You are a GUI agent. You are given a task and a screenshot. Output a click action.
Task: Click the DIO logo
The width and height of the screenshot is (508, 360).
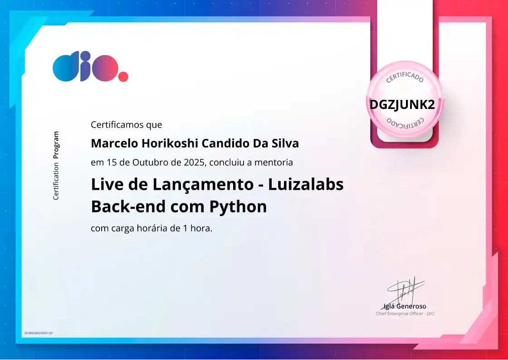[x=90, y=67]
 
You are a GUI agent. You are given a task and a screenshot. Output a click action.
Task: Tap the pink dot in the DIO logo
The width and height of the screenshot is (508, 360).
[x=123, y=76]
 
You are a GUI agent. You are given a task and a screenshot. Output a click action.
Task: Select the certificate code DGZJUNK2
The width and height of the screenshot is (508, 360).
[x=402, y=105]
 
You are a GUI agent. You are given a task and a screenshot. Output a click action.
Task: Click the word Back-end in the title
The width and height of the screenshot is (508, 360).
[x=128, y=207]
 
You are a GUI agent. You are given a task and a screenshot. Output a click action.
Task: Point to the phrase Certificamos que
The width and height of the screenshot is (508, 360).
[x=126, y=124]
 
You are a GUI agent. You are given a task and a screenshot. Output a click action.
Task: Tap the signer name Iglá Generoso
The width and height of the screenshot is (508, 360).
[x=405, y=306]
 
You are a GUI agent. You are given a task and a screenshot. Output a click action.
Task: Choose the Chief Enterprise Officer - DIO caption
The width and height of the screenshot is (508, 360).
[x=405, y=314]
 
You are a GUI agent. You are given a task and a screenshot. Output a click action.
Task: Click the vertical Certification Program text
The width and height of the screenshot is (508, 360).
[x=56, y=166]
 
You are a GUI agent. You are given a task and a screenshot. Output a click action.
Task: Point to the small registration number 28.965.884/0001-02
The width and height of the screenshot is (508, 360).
[x=39, y=333]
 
